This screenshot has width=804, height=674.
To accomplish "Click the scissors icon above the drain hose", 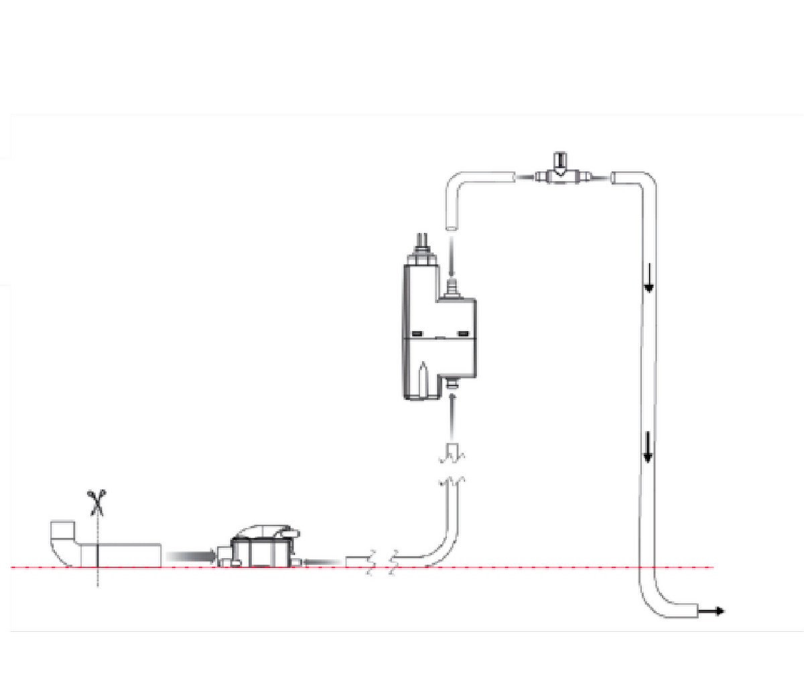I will pos(98,502).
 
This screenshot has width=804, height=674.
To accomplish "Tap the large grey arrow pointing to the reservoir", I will pos(190,556).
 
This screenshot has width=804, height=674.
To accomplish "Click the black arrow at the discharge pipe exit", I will pos(712,611).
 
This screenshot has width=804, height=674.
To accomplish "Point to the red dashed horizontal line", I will pos(536,567).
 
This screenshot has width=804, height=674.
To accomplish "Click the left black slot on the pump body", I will pos(417,333).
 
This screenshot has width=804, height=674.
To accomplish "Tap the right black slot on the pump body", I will pos(462,333).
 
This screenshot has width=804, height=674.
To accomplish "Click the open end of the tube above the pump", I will pos(452,228).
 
